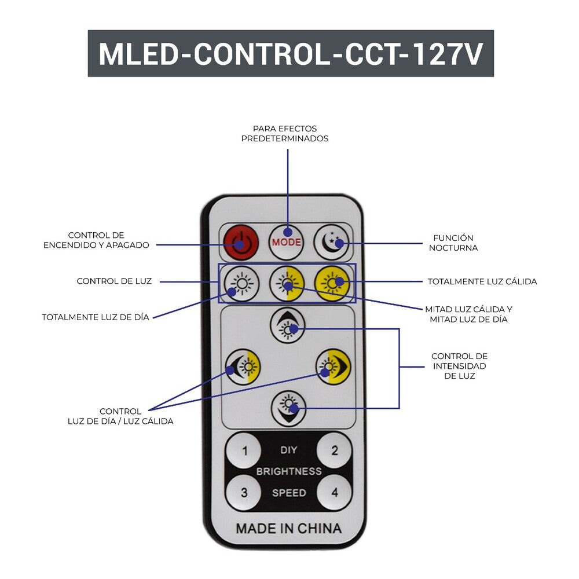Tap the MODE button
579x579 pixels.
287,241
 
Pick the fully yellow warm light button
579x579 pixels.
332,284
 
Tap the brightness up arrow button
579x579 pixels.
287,325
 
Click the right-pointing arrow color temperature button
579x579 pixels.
333,366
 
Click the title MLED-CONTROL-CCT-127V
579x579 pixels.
291,54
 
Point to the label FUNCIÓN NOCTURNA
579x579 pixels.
453,243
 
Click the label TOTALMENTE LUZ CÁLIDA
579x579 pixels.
482,282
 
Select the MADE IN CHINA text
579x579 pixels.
288,528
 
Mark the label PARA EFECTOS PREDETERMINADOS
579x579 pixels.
285,134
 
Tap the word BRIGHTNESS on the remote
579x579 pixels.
288,471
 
